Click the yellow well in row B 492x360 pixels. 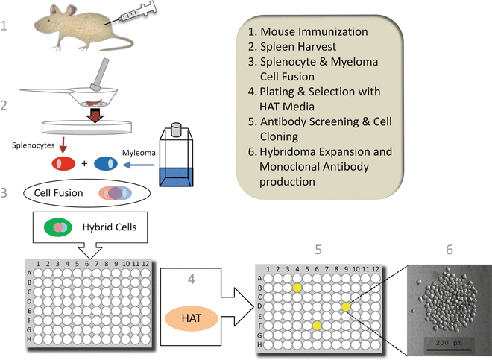[x=297, y=288]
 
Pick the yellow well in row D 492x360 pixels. [x=346, y=306]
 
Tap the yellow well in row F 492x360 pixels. [x=317, y=325]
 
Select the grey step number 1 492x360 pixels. [x=6, y=27]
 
